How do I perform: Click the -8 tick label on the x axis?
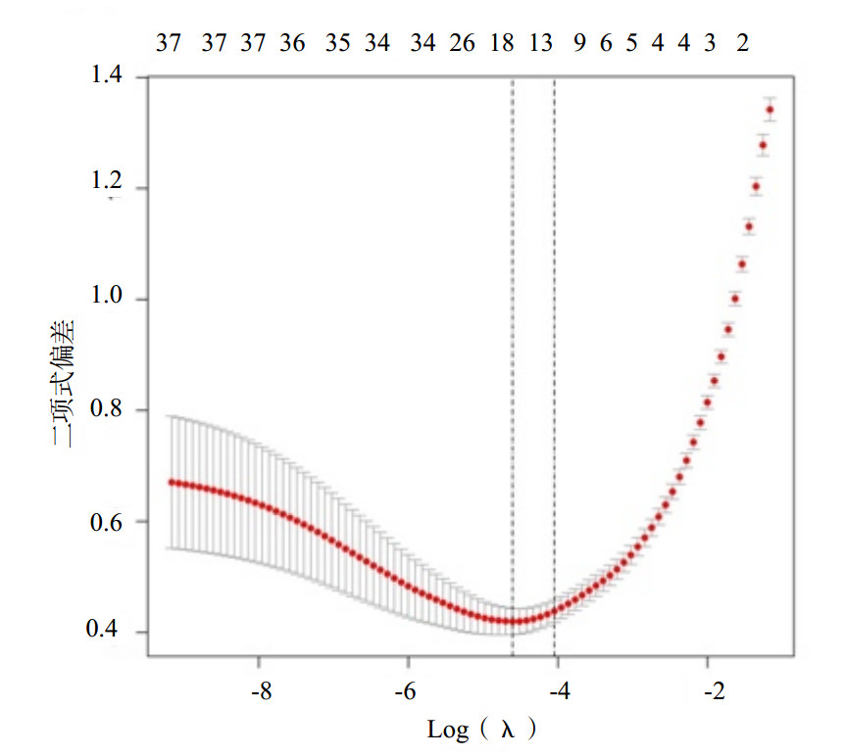pyautogui.click(x=260, y=691)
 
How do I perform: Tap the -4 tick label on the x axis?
pyautogui.click(x=559, y=691)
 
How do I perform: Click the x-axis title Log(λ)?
pyautogui.click(x=482, y=730)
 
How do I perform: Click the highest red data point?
pyautogui.click(x=770, y=110)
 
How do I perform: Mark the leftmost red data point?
pyautogui.click(x=171, y=482)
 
